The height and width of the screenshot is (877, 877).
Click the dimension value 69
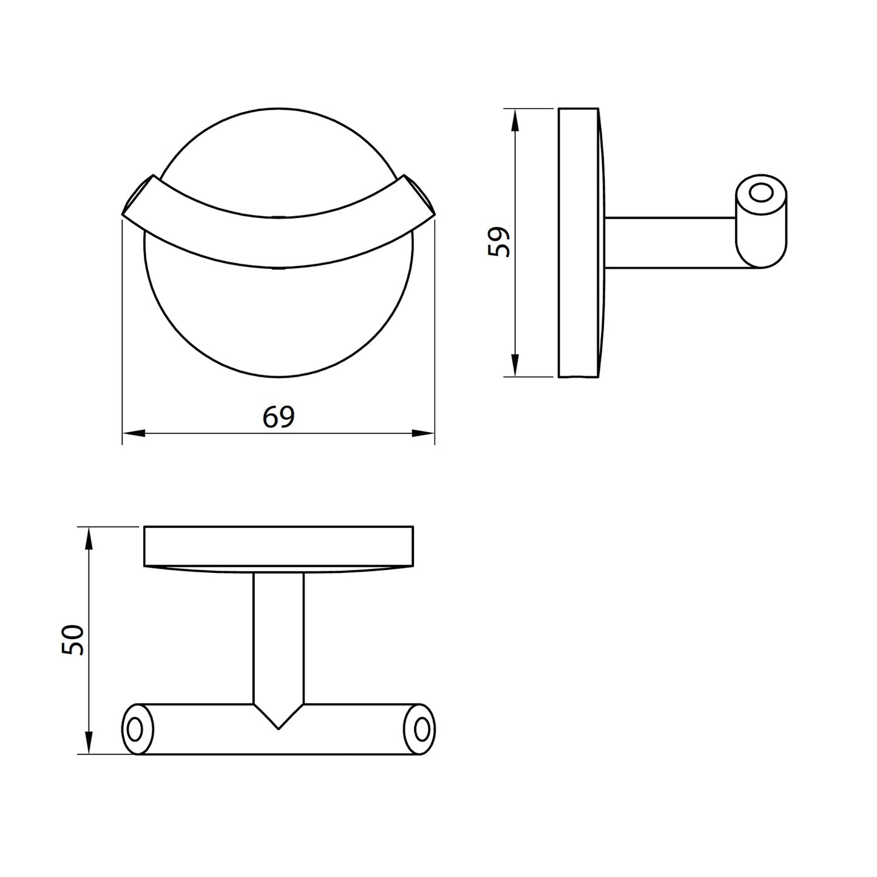coord(279,417)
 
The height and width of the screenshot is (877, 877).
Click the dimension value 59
coord(498,242)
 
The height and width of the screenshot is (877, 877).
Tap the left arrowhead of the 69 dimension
coord(134,433)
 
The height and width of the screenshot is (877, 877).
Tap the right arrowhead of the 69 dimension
coord(423,433)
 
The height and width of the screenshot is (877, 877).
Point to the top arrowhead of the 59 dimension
coord(515,121)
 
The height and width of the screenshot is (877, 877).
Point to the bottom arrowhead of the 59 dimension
coord(515,365)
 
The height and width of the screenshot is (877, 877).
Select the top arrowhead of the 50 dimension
coord(89,539)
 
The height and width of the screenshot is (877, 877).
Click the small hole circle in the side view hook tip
coord(759,194)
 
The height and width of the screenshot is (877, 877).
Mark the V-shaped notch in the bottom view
coord(278,716)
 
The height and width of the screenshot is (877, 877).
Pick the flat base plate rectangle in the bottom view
coord(279,546)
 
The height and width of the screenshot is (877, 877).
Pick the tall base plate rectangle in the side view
coord(577,243)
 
